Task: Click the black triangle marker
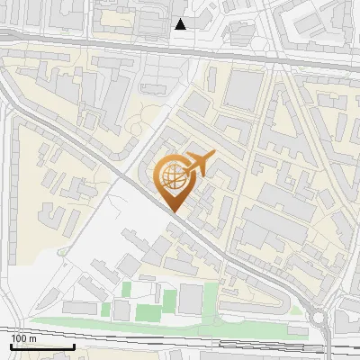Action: click(181, 24)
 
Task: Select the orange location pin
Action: click(175, 180)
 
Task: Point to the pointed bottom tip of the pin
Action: click(175, 211)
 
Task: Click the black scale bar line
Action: click(42, 346)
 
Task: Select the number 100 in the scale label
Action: click(20, 338)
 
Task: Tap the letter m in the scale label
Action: click(32, 339)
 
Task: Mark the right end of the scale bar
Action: click(74, 346)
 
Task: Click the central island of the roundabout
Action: click(320, 317)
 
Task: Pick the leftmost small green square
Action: click(106, 310)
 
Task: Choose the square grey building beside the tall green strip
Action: click(191, 299)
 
